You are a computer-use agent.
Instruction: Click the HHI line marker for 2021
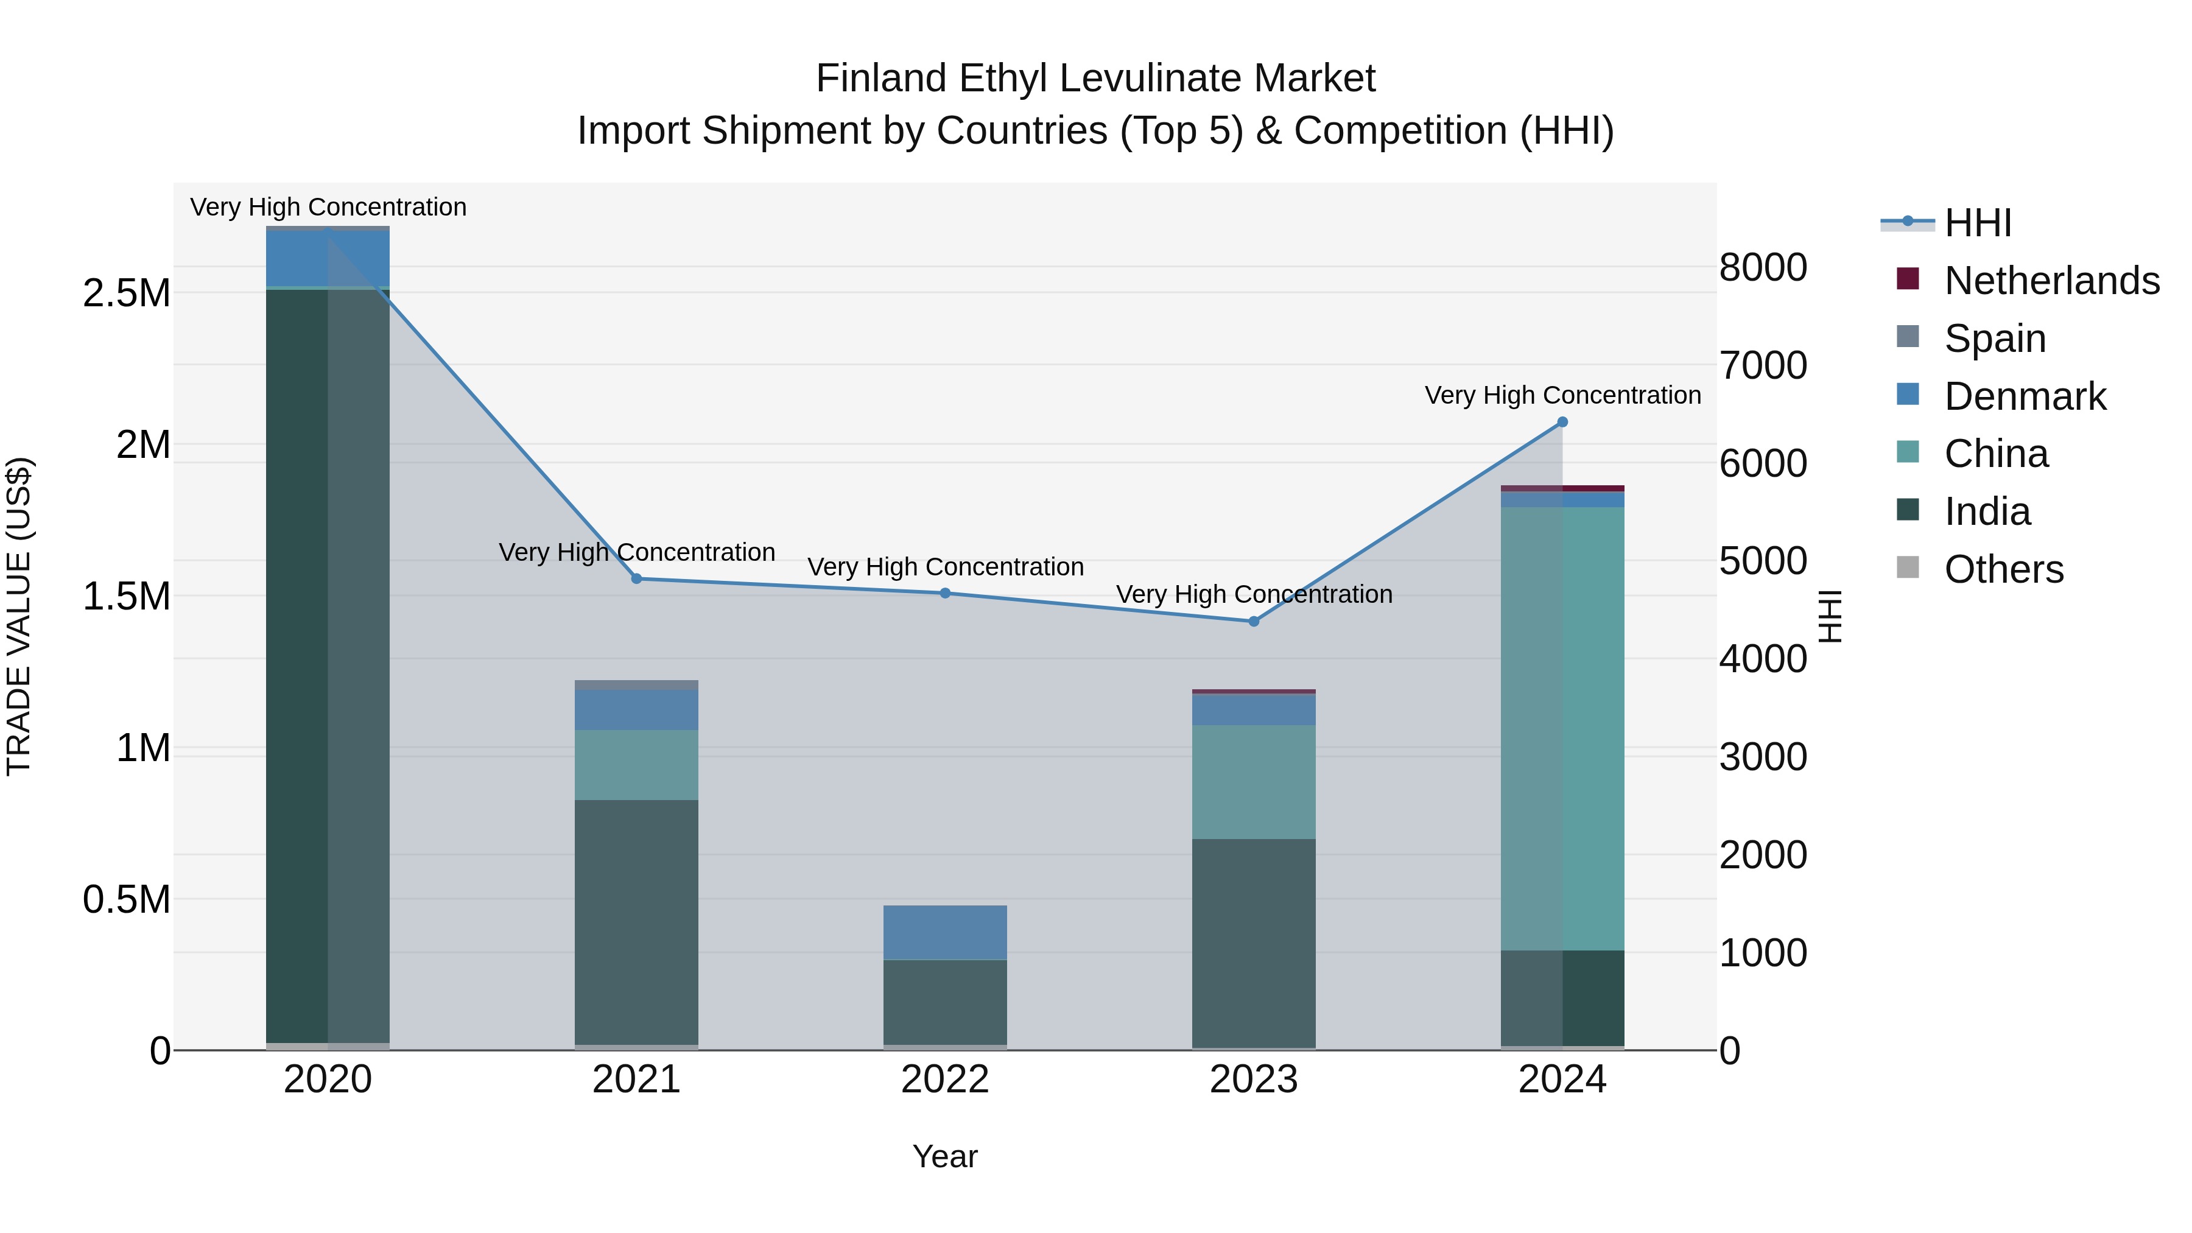tap(636, 578)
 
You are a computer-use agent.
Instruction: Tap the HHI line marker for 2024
tap(1562, 422)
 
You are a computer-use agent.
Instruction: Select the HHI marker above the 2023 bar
tap(1254, 621)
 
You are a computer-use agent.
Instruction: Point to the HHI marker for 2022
tap(946, 593)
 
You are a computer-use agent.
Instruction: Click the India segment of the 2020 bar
tap(328, 664)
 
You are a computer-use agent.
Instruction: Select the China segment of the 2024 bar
tap(1562, 728)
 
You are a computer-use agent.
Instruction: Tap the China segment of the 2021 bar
tap(636, 764)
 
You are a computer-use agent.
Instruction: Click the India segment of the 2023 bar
tap(1254, 942)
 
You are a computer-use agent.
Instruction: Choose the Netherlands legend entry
tap(2051, 281)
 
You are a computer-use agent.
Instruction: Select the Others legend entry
tap(2003, 569)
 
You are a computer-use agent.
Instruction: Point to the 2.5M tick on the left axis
tap(126, 293)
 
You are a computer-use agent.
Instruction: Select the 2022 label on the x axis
tap(946, 1080)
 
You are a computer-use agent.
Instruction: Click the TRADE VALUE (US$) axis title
tap(19, 616)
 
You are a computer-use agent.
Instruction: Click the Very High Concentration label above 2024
tap(1562, 396)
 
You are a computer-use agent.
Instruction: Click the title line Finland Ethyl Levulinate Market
tap(1095, 79)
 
